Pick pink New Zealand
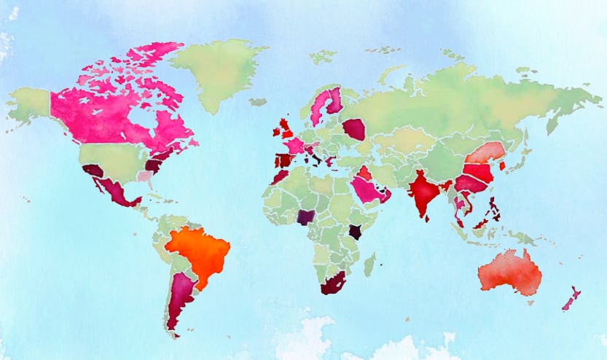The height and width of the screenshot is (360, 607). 571,297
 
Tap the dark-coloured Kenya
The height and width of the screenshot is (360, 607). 356,232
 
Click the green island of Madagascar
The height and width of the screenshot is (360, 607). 369,264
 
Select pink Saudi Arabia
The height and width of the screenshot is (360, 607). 368,190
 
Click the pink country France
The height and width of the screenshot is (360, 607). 294,145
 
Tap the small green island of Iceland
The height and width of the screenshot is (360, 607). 258,102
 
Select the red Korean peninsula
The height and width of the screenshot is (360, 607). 502,165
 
